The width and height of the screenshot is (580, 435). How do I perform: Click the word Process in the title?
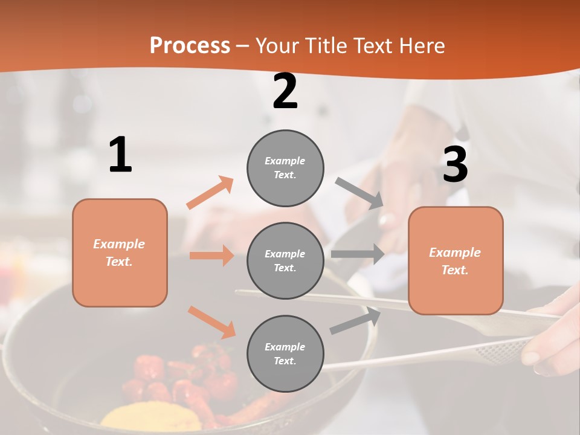tap(190, 46)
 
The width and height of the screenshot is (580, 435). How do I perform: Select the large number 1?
tap(120, 155)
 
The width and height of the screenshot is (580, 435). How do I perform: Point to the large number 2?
tap(285, 92)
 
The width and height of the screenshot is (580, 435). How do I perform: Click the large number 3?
tap(455, 165)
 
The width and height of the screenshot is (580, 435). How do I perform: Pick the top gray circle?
tap(285, 168)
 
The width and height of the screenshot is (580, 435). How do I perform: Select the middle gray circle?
tap(285, 260)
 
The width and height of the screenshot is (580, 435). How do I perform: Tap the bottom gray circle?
tap(285, 353)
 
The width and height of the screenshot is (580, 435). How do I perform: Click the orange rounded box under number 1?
tap(120, 253)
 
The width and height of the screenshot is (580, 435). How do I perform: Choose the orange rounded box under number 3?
tap(456, 260)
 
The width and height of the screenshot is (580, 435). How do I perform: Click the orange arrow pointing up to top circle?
tap(210, 193)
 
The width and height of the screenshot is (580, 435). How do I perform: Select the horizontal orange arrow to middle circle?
tap(211, 256)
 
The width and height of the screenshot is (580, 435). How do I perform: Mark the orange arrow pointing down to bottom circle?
tap(211, 322)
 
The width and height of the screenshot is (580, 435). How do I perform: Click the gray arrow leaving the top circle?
tap(359, 193)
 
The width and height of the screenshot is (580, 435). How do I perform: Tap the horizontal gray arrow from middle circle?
tap(357, 254)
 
